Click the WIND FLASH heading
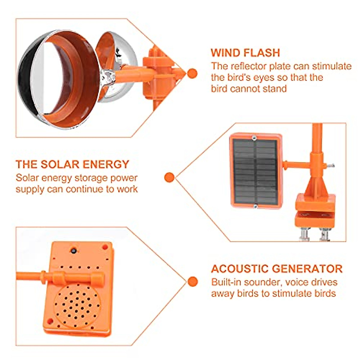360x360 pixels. click(x=245, y=53)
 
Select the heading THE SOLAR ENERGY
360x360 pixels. click(x=72, y=164)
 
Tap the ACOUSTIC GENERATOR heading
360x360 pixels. click(x=277, y=268)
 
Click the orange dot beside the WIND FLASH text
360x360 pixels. click(x=192, y=73)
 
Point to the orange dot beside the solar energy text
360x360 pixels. click(x=169, y=177)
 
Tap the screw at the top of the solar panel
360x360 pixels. click(x=254, y=138)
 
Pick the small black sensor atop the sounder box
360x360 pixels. click(x=73, y=250)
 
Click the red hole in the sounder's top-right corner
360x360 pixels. click(x=105, y=247)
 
